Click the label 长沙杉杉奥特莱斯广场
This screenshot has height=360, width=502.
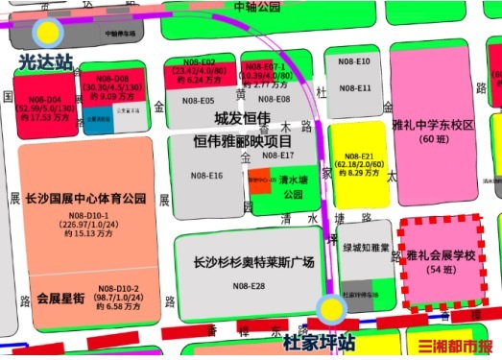pyautogui.click(x=253, y=261)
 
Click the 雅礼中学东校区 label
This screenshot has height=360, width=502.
pyautogui.click(x=434, y=126)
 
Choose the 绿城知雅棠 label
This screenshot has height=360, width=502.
pyautogui.click(x=366, y=247)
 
